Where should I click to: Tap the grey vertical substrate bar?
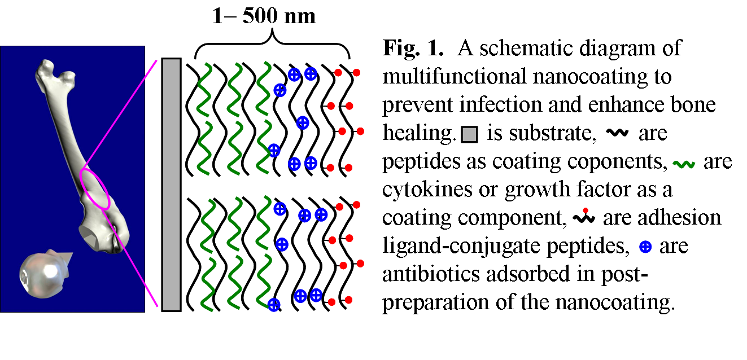tap(171, 184)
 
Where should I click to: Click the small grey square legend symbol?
tap(469, 134)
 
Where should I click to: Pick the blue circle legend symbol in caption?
tap(646, 247)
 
